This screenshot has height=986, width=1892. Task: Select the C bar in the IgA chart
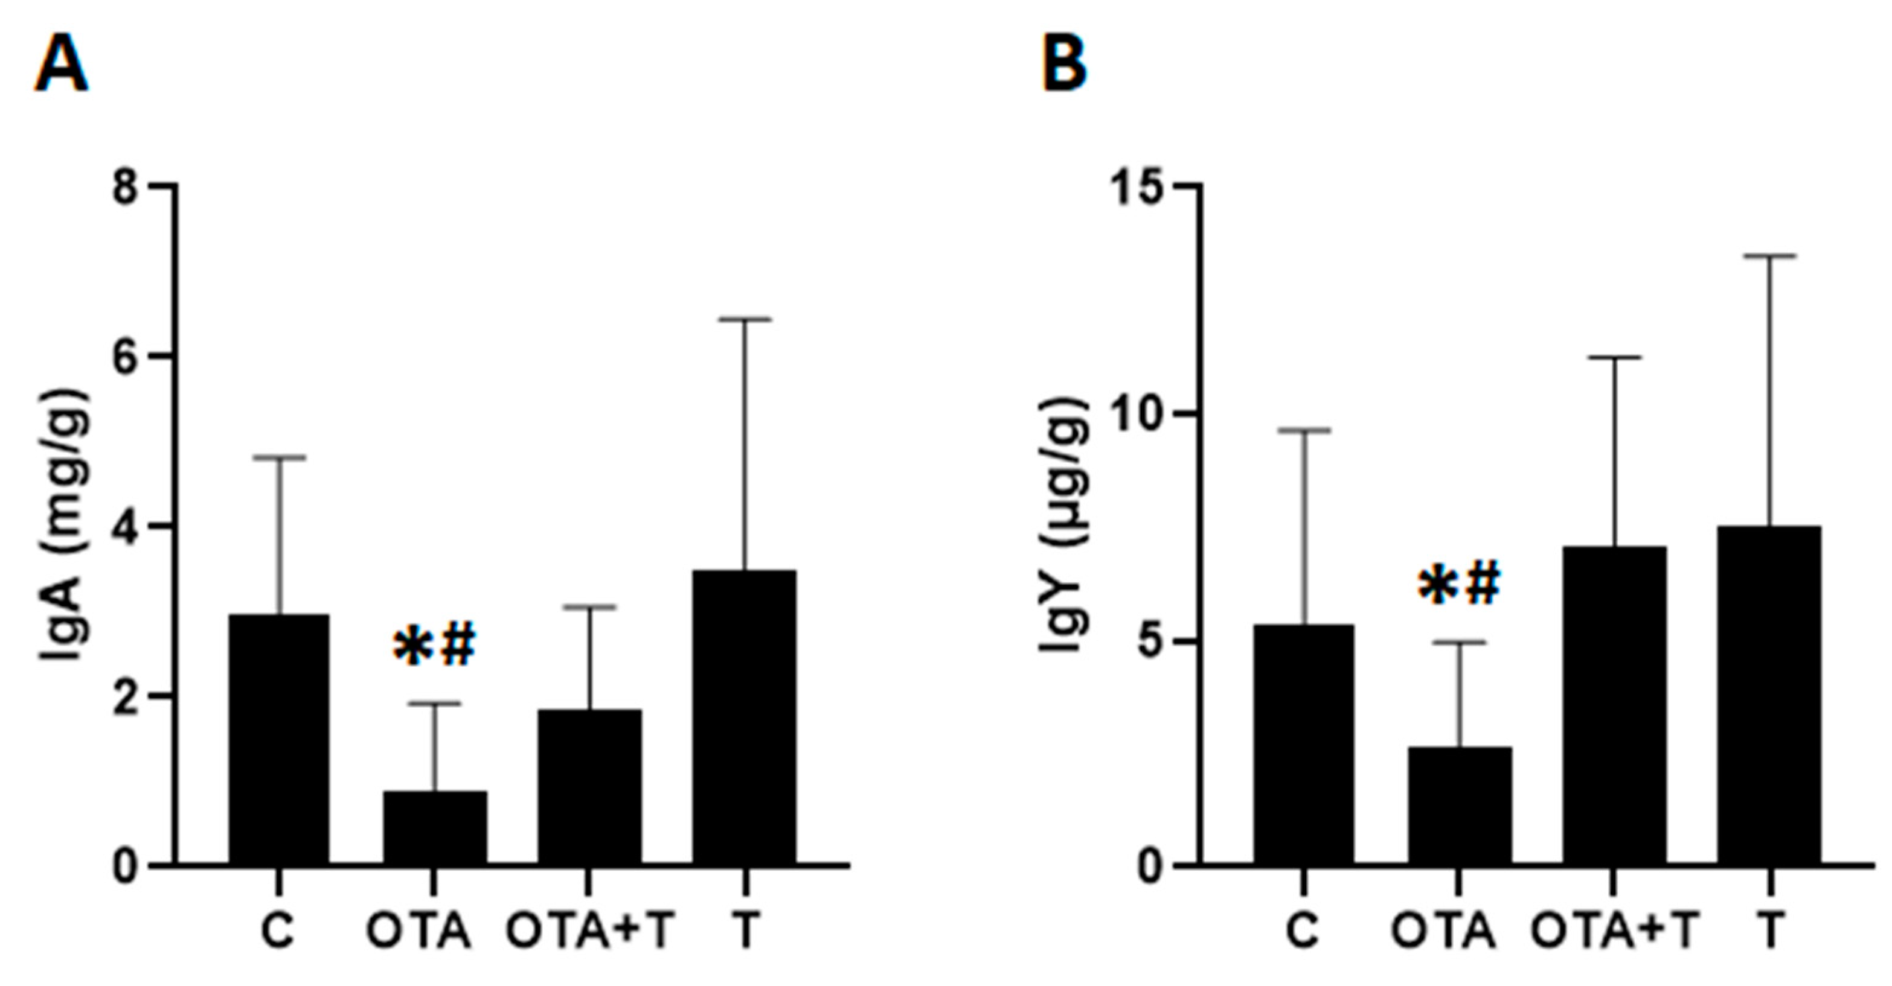279,739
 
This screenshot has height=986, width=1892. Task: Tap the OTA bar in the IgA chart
435,827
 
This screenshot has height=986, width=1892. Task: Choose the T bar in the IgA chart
744,717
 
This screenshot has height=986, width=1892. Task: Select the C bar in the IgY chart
1304,745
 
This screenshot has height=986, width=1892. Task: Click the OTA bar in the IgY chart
1460,806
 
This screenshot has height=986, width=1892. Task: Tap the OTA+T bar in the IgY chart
1614,705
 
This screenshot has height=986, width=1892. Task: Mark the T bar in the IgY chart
1769,695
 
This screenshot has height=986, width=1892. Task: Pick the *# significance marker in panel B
1458,586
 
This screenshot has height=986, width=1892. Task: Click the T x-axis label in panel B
1770,932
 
